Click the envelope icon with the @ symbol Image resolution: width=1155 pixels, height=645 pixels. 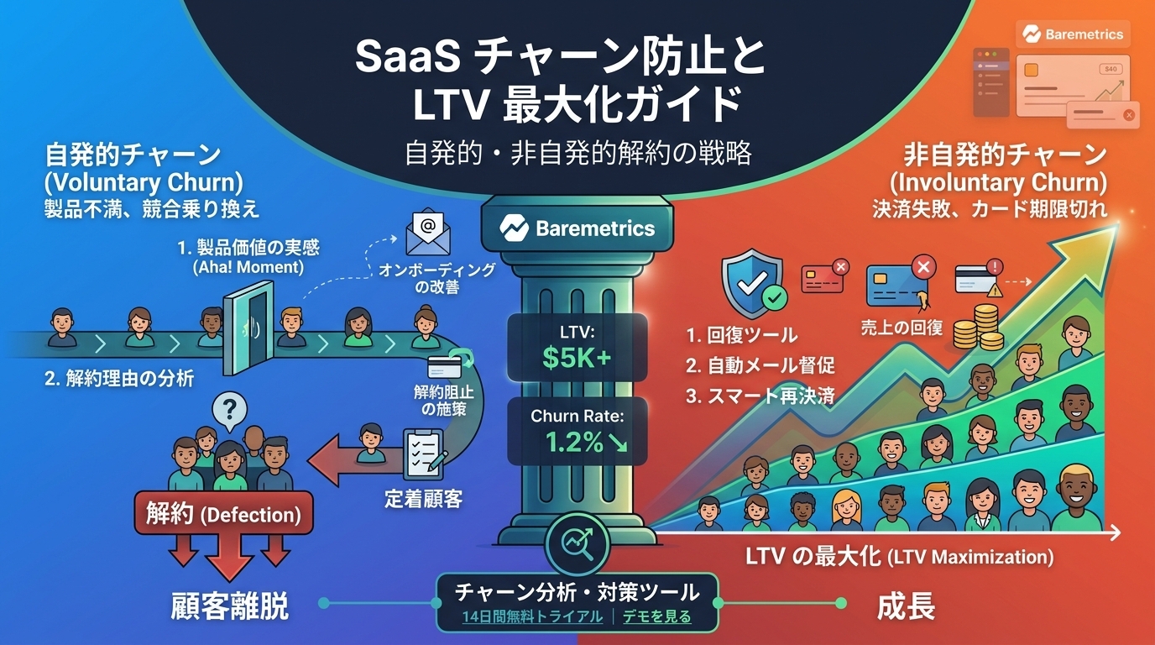(427, 232)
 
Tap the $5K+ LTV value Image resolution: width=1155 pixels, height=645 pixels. (577, 357)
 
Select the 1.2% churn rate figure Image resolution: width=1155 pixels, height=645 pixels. (586, 443)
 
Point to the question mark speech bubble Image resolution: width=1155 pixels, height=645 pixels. (229, 412)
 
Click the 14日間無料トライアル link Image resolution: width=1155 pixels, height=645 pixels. (532, 616)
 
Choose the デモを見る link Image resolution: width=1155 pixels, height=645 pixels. (657, 616)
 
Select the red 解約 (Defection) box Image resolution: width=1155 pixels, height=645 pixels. (224, 513)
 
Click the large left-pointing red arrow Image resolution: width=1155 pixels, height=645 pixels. (356, 461)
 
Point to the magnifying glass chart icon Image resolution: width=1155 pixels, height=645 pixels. (577, 543)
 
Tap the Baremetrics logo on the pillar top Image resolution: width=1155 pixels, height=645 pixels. (577, 228)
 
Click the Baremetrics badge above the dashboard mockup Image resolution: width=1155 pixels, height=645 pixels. (1073, 34)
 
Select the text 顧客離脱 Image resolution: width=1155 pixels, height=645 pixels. (229, 606)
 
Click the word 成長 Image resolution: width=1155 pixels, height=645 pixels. (906, 606)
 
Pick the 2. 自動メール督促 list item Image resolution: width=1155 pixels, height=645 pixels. (760, 365)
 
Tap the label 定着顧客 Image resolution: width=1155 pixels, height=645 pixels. (423, 499)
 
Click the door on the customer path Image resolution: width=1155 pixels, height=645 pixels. (248, 328)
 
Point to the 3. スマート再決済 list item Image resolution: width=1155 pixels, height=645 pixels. (760, 396)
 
